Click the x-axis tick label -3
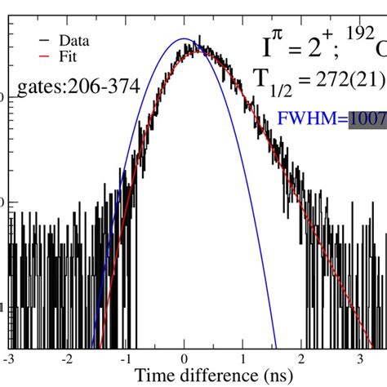(9, 358)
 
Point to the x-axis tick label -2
(67, 358)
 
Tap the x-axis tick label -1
(125, 358)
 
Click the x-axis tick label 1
(242, 358)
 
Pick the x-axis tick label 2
(301, 358)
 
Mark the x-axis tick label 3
(359, 358)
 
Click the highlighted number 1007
(367, 120)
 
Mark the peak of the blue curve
(183, 38)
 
